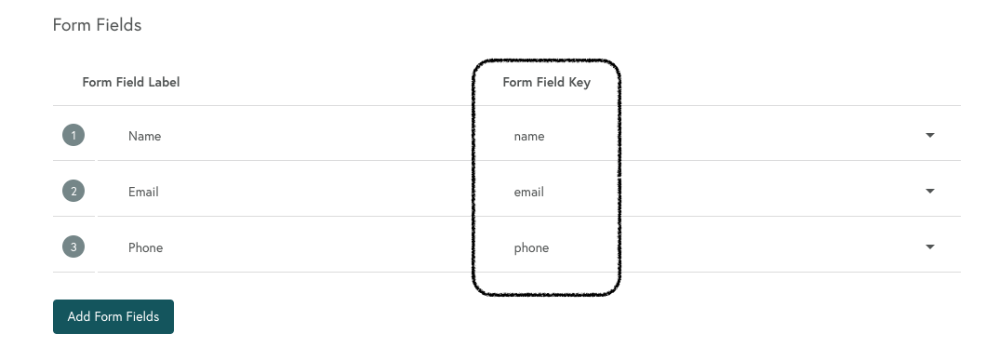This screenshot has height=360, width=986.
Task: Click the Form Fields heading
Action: [x=97, y=25]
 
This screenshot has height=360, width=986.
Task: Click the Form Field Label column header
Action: [x=131, y=82]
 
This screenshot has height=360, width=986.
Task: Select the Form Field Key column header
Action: [x=546, y=82]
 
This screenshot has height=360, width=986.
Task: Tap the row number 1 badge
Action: [x=73, y=136]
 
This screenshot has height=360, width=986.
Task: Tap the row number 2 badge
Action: [x=73, y=192]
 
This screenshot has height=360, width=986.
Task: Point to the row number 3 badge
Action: [x=73, y=247]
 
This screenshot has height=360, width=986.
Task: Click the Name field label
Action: [x=145, y=136]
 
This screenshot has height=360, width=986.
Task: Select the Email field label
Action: [x=143, y=192]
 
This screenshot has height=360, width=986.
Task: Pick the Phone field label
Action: [x=145, y=247]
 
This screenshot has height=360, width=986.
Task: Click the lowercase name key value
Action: [x=529, y=136]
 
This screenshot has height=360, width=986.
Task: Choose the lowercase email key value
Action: [x=528, y=192]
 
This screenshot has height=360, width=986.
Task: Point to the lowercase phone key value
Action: [x=531, y=247]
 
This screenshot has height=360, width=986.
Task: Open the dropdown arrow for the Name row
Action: [x=929, y=136]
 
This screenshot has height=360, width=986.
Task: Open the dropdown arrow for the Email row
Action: [x=929, y=192]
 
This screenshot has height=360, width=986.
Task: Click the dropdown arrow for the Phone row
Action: [x=929, y=247]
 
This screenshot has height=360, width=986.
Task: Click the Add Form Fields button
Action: [x=113, y=316]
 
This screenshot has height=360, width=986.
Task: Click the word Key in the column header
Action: [x=580, y=82]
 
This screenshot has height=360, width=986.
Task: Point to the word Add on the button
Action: [x=79, y=316]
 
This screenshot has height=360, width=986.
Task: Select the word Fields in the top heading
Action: [x=118, y=25]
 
